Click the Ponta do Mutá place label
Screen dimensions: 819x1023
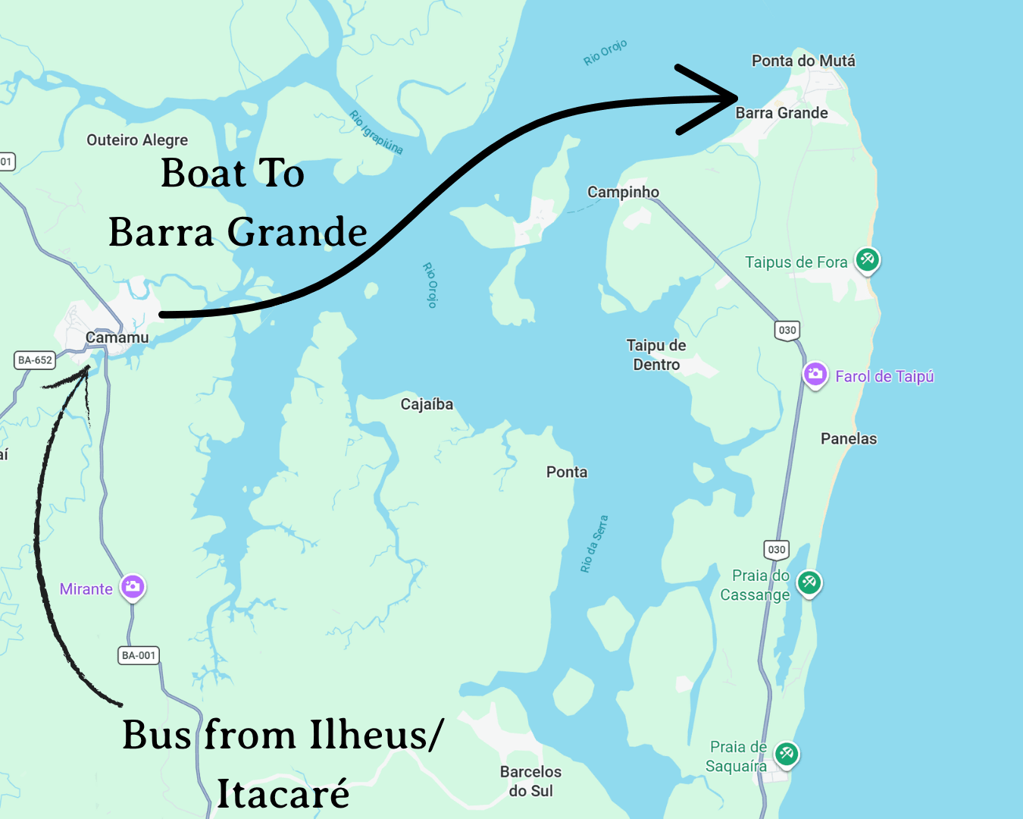click(803, 61)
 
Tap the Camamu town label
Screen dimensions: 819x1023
click(117, 337)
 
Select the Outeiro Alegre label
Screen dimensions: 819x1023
click(137, 140)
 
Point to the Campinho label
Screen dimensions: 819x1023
click(623, 192)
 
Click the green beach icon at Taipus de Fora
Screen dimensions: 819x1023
click(868, 260)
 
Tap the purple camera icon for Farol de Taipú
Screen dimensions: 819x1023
click(815, 374)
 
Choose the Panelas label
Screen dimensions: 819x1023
click(849, 438)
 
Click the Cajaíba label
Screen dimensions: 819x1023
click(427, 404)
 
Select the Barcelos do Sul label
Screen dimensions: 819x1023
click(530, 781)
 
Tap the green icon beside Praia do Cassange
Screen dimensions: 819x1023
click(809, 582)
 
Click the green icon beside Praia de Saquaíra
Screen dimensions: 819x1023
click(787, 754)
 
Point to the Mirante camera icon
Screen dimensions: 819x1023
click(133, 586)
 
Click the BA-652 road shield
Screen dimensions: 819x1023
click(35, 360)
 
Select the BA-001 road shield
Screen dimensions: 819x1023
click(139, 655)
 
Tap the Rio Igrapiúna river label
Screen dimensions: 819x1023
click(376, 133)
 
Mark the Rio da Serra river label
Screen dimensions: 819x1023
click(593, 544)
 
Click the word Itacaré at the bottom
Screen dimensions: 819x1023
click(283, 794)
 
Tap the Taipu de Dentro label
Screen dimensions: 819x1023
click(656, 355)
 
